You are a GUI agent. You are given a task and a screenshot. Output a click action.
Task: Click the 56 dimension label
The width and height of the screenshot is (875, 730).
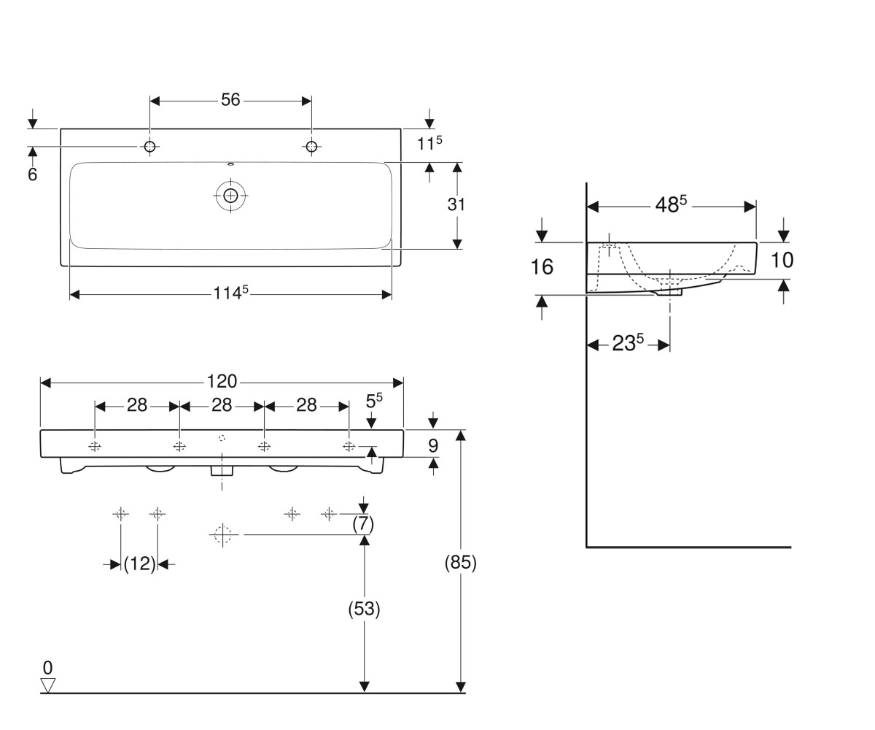click(230, 100)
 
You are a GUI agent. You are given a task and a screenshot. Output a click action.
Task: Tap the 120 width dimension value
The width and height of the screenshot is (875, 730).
click(222, 381)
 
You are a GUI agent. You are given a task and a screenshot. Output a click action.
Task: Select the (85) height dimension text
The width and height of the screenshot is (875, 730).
click(461, 563)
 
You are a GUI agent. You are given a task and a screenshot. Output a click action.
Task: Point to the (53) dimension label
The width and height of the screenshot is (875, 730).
click(364, 609)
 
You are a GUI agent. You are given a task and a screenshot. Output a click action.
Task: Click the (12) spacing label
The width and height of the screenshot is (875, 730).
click(139, 564)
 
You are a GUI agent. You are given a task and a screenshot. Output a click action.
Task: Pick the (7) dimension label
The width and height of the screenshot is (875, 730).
click(363, 524)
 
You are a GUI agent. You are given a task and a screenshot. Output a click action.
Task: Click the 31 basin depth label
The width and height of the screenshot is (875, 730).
click(456, 204)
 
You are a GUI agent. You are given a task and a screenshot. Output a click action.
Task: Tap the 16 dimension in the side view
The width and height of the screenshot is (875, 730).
click(542, 267)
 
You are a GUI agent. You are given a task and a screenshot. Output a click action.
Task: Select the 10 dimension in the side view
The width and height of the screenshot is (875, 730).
click(782, 260)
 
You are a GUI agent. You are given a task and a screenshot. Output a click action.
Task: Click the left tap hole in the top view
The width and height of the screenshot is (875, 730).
click(149, 147)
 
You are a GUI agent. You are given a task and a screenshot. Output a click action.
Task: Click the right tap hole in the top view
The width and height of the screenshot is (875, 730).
click(311, 147)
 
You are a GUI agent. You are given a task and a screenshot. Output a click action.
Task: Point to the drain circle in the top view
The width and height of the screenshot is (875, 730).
click(230, 196)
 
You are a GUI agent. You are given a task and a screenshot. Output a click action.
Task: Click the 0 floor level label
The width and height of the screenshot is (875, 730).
click(48, 667)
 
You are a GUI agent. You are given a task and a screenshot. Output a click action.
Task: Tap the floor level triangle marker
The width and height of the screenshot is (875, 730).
click(48, 685)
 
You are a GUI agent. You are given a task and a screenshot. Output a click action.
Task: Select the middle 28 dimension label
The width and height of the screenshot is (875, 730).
click(222, 405)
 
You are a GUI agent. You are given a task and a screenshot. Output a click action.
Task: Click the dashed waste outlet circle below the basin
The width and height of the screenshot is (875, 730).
click(222, 535)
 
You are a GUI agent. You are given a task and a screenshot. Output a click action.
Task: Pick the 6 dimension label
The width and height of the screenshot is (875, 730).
click(32, 174)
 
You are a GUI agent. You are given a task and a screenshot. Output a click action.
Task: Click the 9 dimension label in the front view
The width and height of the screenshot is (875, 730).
click(433, 445)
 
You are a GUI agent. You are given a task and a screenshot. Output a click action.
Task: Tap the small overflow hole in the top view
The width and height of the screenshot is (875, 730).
click(230, 164)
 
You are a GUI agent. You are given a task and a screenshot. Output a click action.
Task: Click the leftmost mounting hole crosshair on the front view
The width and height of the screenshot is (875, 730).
click(95, 446)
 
